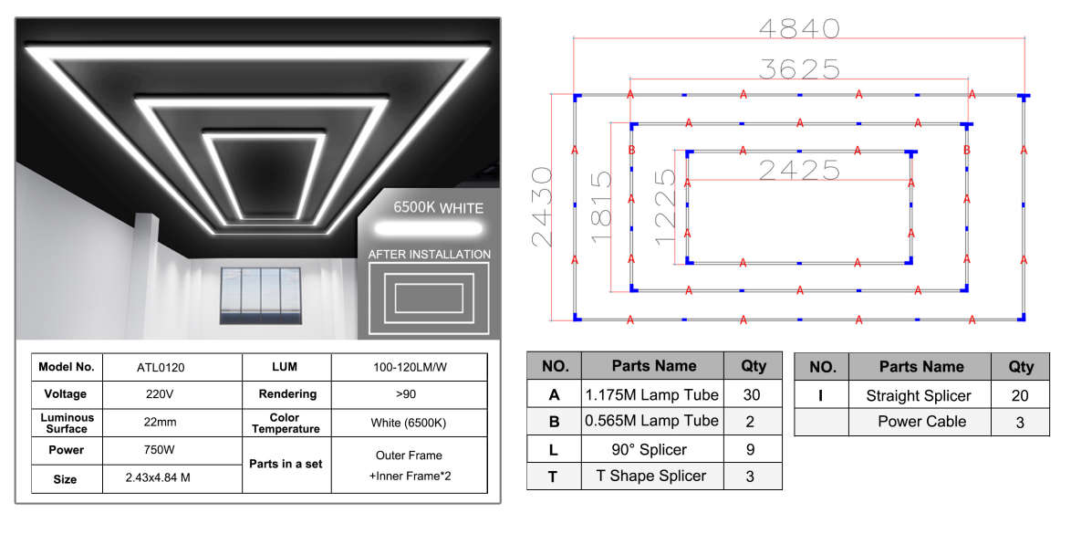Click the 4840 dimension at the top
tap(799, 28)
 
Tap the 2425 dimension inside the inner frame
tap(798, 170)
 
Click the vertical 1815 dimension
tap(601, 207)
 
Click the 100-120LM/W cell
tap(409, 367)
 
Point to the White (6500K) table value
tap(409, 423)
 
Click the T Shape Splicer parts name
tap(651, 476)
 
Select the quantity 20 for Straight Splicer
tap(1020, 395)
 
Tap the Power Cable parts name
tap(921, 422)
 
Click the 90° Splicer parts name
tap(651, 449)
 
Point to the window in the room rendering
tap(261, 294)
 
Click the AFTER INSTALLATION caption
tap(429, 254)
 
